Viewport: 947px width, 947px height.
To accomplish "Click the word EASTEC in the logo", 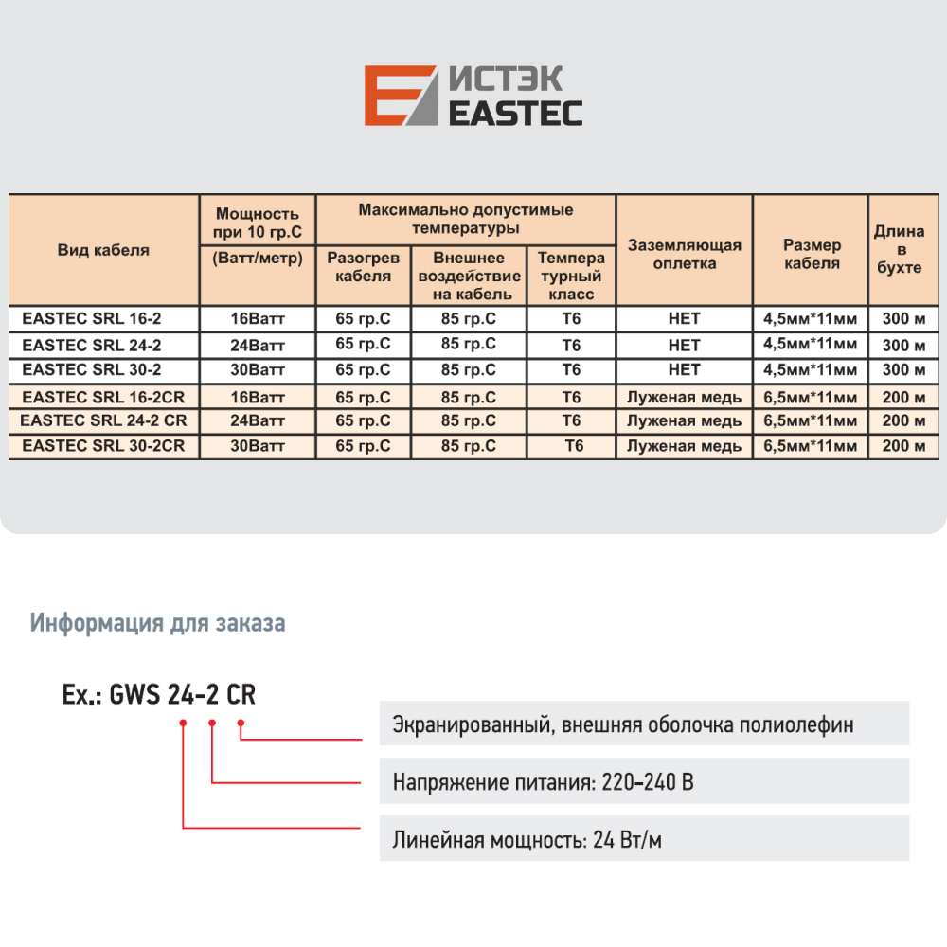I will pos(514,112).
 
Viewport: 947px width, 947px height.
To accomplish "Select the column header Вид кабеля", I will pos(103,250).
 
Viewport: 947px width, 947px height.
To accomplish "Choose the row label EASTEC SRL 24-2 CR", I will pos(103,420).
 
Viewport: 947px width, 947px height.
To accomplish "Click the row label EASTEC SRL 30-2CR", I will pos(103,445).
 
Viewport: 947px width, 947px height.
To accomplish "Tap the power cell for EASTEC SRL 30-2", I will pos(258,369).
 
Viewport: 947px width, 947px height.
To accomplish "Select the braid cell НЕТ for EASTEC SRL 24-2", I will pos(684,345).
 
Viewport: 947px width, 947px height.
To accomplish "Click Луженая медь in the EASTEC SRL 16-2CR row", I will pos(684,397).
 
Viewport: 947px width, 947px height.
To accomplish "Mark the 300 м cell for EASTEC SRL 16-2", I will pos(902,319).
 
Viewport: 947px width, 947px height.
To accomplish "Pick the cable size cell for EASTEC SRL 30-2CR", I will pos(810,446).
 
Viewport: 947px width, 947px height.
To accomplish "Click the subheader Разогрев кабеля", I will pos(364,266).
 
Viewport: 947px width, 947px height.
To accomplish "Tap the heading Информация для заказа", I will pos(158,623).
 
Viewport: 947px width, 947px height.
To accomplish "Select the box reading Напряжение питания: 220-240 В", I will pos(644,783).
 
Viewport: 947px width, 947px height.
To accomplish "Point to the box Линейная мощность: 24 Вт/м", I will pos(644,840).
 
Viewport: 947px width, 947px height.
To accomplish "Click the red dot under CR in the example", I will pos(241,724).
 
